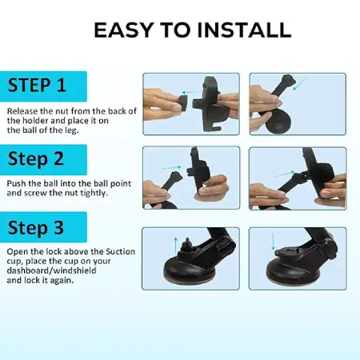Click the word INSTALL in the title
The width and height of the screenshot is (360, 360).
[x=243, y=30]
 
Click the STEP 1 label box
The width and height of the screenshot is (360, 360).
[x=43, y=86]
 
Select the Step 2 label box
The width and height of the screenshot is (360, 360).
[x=43, y=159]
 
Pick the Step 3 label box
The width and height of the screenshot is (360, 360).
[x=43, y=227]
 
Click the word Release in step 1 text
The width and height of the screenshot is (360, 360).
[x=22, y=111]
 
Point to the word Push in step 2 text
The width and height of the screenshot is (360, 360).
[x=17, y=183]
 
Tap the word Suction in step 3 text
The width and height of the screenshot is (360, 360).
[x=121, y=251]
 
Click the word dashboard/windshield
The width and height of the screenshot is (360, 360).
[x=51, y=270]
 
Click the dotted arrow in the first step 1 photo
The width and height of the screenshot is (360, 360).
[x=192, y=92]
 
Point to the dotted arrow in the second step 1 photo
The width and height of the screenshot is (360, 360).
[x=300, y=83]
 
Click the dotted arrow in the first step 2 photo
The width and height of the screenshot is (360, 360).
[x=172, y=168]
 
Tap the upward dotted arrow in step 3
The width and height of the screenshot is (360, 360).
[x=175, y=246]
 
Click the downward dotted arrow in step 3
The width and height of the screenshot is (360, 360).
[x=273, y=241]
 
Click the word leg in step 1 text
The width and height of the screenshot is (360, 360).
[x=71, y=130]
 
